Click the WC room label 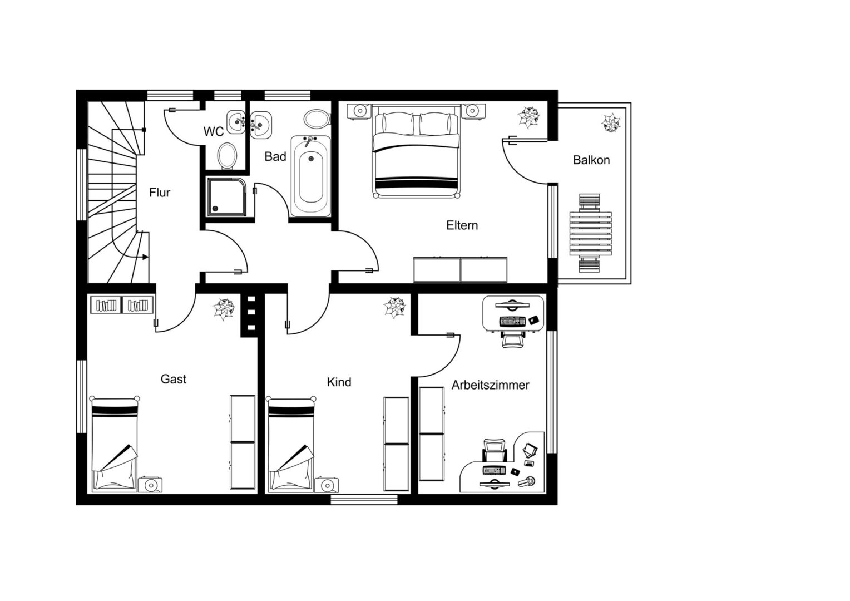(214, 132)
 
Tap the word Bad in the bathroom (275, 156)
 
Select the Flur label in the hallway (160, 193)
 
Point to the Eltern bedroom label (462, 225)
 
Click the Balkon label (591, 160)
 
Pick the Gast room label (174, 379)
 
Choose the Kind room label (339, 382)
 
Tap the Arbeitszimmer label (490, 385)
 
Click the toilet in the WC (228, 156)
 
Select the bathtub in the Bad (311, 176)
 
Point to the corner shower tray (226, 197)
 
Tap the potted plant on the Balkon (611, 122)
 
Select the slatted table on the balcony (590, 234)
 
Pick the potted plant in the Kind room (394, 308)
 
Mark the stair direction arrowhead (145, 257)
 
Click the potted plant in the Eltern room (528, 117)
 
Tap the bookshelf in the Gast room (122, 305)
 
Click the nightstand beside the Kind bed (327, 485)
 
